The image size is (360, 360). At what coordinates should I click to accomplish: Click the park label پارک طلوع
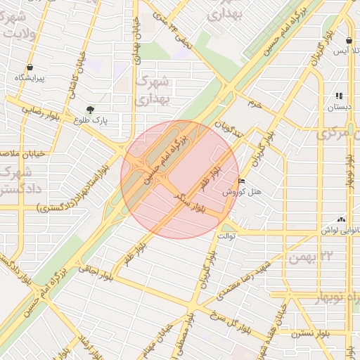pos(91,121)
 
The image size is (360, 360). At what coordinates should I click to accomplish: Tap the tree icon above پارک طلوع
pos(90,110)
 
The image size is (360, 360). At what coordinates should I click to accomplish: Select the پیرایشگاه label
pos(30,79)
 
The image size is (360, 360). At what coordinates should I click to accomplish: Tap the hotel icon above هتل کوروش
pos(242,181)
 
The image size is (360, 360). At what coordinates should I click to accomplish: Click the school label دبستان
pos(338,108)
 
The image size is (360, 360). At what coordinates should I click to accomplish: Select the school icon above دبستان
pos(339,96)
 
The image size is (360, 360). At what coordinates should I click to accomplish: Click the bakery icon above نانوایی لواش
pos(342,219)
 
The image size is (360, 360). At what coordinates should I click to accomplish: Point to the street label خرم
pos(254,104)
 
